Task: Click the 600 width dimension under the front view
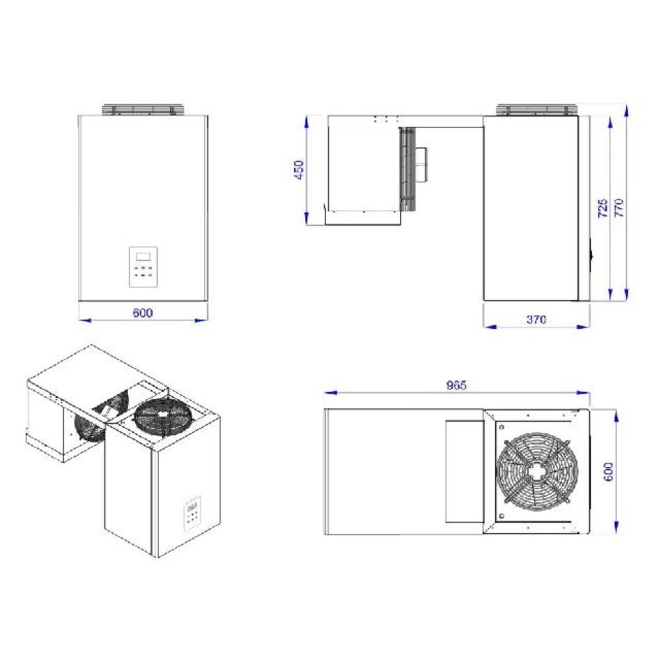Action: (142, 313)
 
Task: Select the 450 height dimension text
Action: (298, 170)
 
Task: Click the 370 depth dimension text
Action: (536, 319)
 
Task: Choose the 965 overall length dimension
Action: (455, 385)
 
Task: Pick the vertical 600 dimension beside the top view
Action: (608, 471)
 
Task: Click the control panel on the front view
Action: (144, 267)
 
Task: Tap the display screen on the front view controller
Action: (144, 256)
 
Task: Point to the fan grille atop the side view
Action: (535, 110)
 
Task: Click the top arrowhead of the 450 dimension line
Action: (307, 119)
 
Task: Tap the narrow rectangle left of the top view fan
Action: (465, 471)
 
